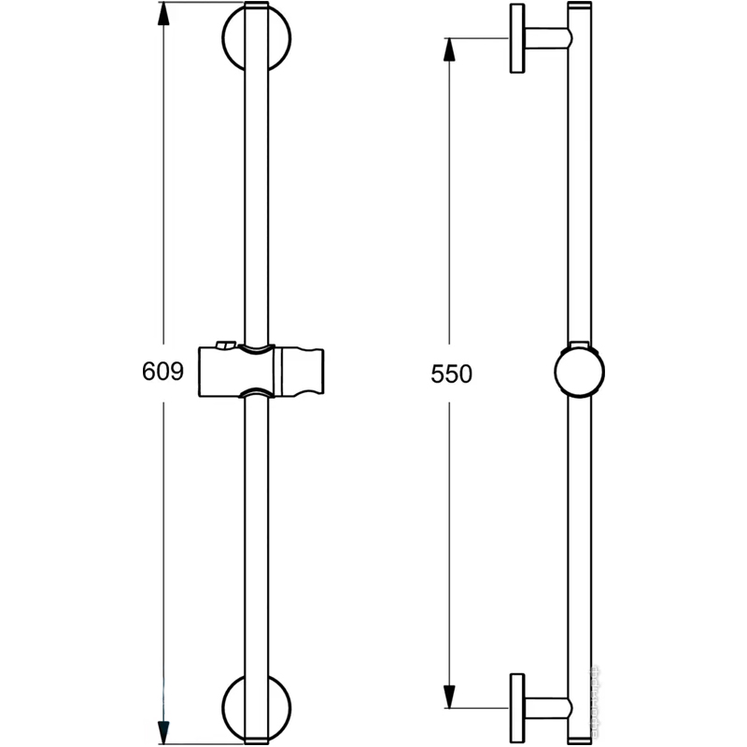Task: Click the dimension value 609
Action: point(162,371)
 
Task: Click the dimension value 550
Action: point(451,374)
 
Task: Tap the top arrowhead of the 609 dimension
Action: point(163,14)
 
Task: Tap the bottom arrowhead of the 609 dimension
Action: point(163,732)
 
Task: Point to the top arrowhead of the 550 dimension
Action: point(449,49)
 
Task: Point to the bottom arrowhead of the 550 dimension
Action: point(449,697)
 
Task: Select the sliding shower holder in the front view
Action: point(261,370)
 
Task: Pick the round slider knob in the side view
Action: point(579,372)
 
